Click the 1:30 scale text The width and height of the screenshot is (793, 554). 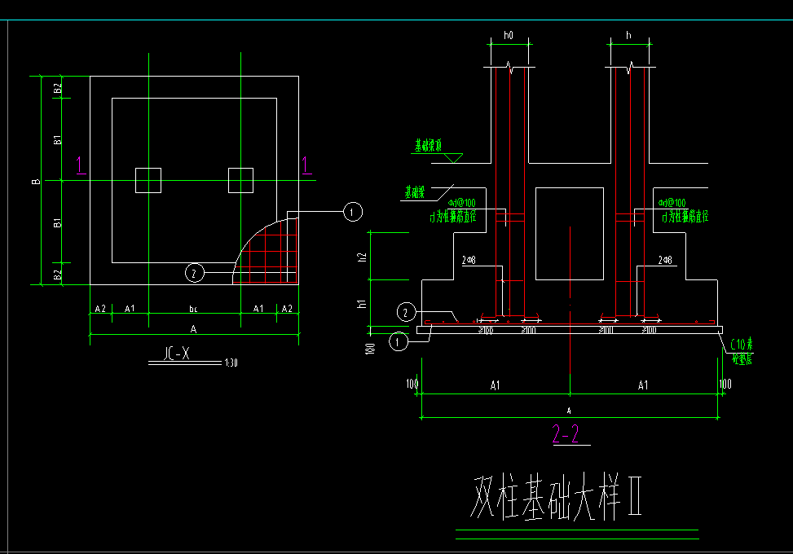(231, 363)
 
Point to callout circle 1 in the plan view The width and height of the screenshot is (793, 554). (350, 212)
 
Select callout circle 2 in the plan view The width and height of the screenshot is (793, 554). (194, 273)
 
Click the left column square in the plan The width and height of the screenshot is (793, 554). (148, 180)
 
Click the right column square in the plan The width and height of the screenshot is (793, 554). (240, 180)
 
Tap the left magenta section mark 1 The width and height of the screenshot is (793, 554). (80, 166)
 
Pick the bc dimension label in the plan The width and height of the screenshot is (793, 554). (193, 309)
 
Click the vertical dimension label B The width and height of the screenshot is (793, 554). (36, 181)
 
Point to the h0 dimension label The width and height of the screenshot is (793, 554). (509, 35)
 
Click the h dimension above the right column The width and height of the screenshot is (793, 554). (628, 35)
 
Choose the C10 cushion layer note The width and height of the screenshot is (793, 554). (740, 349)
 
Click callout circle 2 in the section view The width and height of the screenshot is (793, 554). (405, 311)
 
